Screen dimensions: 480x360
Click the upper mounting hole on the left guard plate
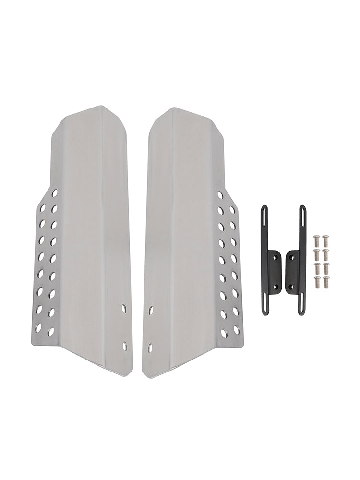[124, 309]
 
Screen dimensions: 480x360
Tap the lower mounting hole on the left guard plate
[125, 345]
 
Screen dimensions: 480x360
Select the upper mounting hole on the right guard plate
[151, 311]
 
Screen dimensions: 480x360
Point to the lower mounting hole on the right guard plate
[150, 347]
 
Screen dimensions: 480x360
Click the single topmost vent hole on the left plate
[55, 193]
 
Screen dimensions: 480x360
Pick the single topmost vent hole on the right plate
[220, 195]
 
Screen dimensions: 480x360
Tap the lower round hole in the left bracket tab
[276, 287]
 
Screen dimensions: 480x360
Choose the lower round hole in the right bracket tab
[289, 288]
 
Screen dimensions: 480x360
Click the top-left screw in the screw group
[317, 239]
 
